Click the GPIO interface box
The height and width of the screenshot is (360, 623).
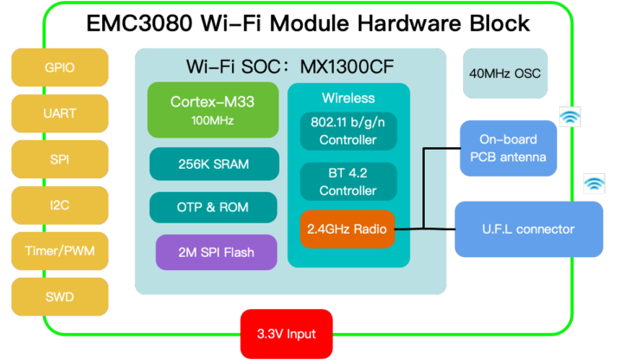60,67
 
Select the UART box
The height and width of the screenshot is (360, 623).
60,112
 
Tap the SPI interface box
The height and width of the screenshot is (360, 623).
60,159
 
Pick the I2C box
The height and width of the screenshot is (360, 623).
60,205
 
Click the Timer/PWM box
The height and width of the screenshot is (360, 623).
60,251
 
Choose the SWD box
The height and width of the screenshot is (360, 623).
60,297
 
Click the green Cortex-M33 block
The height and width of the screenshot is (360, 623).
213,109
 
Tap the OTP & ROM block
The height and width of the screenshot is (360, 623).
213,208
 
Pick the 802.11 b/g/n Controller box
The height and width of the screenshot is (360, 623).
348,132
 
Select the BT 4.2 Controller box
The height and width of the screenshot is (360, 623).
348,182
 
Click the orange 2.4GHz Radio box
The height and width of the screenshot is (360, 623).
348,230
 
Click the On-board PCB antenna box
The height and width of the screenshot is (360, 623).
509,147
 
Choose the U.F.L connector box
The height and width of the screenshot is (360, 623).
529,229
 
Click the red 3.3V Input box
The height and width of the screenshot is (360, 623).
286,334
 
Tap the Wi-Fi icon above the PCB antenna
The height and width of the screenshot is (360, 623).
569,117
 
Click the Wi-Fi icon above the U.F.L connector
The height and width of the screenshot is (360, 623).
594,183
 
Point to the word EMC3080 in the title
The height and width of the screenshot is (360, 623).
139,23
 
